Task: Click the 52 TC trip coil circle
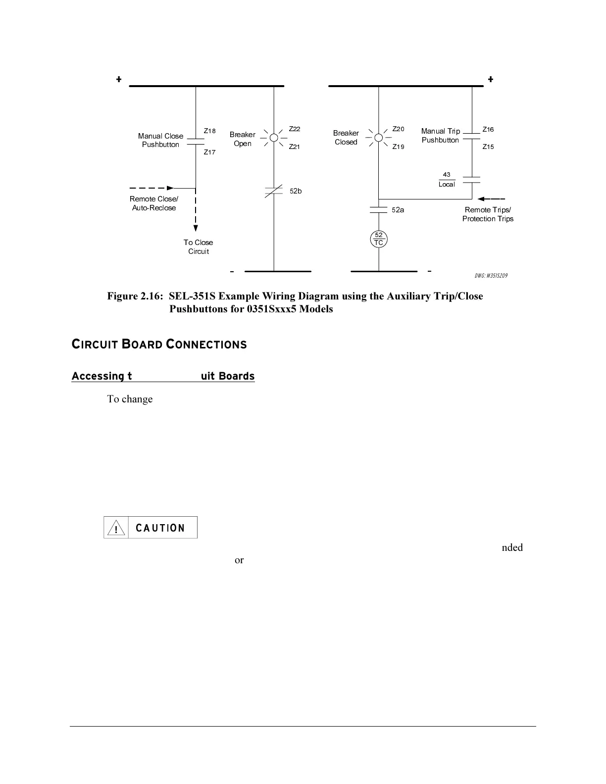[x=379, y=239]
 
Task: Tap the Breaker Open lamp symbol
[x=274, y=138]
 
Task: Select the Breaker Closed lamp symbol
[x=379, y=137]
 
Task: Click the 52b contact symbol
[x=274, y=191]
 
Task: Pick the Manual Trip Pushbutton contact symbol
[x=472, y=137]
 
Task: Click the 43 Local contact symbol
[x=472, y=180]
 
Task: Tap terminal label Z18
[x=210, y=131]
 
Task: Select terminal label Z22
[x=295, y=129]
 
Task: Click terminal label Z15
[x=488, y=147]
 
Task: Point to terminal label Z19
[x=399, y=147]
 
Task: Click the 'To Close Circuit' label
[x=198, y=247]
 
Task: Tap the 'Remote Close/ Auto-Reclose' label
[x=154, y=203]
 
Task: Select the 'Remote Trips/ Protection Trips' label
[x=488, y=214]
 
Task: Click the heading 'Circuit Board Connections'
[x=159, y=344]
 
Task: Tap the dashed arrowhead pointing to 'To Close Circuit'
[x=196, y=228]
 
